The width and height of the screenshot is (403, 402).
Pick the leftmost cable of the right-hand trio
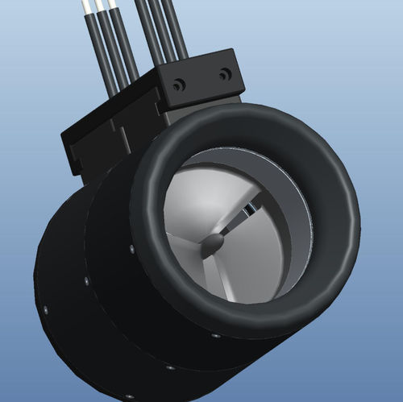(x=149, y=32)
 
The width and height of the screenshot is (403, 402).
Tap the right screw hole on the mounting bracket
(x=225, y=74)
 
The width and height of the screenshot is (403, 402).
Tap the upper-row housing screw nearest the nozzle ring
(x=131, y=249)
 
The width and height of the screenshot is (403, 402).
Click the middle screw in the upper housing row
(x=86, y=281)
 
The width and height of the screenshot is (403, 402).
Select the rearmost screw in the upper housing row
(x=46, y=308)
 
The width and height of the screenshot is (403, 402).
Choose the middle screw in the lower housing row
(x=170, y=367)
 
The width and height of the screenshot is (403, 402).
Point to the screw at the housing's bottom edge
(x=126, y=395)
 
